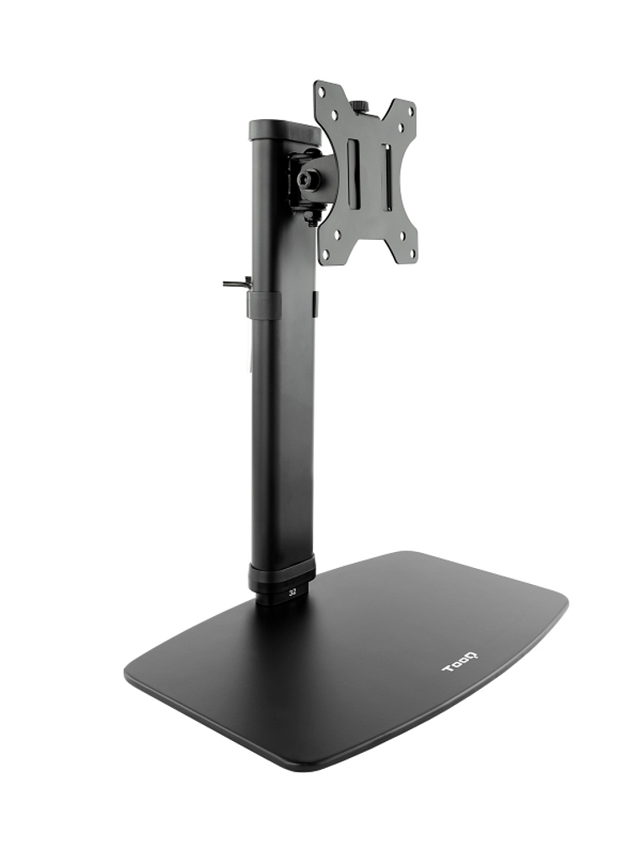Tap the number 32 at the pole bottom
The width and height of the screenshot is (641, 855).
click(293, 593)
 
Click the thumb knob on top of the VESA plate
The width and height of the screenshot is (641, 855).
click(359, 106)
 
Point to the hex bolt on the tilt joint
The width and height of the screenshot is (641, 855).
click(308, 180)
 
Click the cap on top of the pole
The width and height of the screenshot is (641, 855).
click(284, 130)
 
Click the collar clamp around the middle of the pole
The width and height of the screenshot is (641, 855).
click(264, 305)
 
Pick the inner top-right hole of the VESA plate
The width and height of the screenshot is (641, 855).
click(401, 127)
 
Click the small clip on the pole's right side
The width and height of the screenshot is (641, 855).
click(315, 304)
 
